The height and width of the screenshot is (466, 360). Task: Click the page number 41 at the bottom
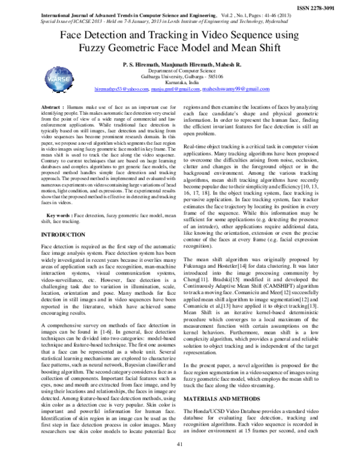(x=179, y=461)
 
